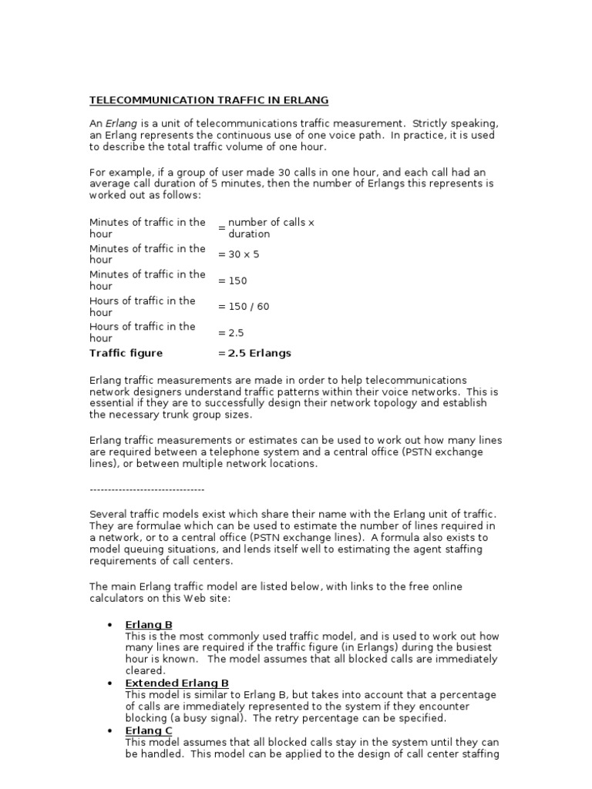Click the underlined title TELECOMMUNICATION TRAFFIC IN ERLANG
[x=209, y=100]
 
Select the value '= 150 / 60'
[x=244, y=307]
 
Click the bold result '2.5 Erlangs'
[x=260, y=354]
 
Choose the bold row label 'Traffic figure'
[x=126, y=354]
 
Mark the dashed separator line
[x=147, y=489]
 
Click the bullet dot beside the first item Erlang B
[x=110, y=625]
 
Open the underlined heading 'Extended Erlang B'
[x=177, y=683]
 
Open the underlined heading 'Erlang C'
[x=149, y=730]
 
